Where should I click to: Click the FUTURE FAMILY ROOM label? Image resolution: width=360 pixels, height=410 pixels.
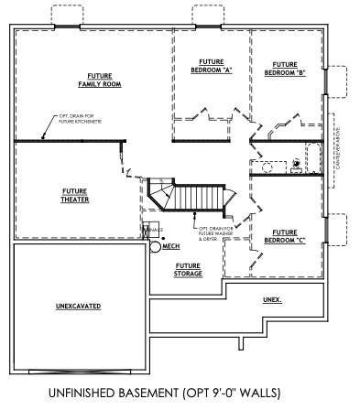tap(104, 80)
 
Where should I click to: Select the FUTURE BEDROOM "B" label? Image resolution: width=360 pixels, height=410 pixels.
tap(284, 69)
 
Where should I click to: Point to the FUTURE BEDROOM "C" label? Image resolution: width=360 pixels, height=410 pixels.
tap(284, 236)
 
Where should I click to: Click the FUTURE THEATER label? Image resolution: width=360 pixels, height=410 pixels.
tap(74, 196)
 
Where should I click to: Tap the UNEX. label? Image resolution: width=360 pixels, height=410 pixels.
tap(272, 300)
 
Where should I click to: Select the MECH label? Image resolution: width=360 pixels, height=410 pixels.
tap(171, 247)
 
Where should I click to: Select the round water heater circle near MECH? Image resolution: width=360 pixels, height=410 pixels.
tap(156, 246)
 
